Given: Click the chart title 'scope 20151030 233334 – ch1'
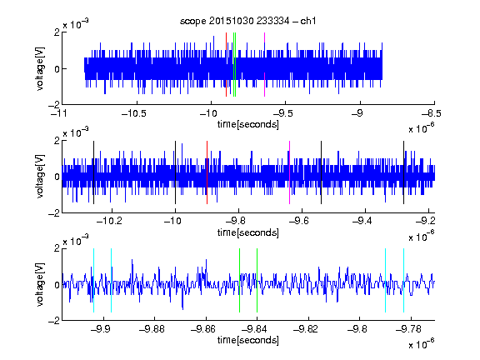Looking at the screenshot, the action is [248, 21].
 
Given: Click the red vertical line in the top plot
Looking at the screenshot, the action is [226, 65].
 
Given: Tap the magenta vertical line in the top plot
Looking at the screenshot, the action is [264, 65].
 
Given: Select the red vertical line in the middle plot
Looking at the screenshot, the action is [207, 172].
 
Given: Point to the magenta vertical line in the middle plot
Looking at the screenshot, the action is [290, 172].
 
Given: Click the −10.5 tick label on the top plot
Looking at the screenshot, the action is [134, 113].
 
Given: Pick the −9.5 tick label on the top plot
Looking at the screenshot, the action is [282, 113].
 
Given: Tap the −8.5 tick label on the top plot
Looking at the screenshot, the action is [432, 113].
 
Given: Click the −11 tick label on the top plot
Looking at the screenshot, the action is [59, 113].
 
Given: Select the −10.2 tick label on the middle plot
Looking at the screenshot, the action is [109, 221].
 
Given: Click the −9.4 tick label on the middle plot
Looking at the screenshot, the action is [362, 221].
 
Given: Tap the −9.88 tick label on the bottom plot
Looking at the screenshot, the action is [152, 329].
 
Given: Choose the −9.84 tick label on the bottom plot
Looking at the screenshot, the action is [254, 329].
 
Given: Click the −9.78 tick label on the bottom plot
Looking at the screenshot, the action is [408, 329].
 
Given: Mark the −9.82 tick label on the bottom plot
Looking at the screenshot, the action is [306, 329].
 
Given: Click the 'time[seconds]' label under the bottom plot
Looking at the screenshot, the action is [248, 340].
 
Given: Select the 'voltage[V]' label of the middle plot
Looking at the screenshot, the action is [40, 177].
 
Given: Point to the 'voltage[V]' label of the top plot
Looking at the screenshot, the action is [40, 68].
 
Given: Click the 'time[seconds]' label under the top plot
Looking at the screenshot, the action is [248, 124].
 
